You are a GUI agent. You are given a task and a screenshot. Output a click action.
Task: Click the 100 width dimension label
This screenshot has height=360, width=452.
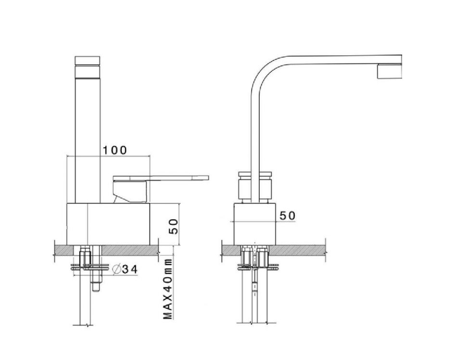(114, 150)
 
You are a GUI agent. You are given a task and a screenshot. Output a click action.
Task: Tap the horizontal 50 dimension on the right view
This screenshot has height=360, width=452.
(287, 216)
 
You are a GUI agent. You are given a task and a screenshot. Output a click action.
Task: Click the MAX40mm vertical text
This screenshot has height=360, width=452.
(167, 288)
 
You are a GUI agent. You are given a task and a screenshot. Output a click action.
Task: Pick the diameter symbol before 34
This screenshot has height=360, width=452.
(116, 270)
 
